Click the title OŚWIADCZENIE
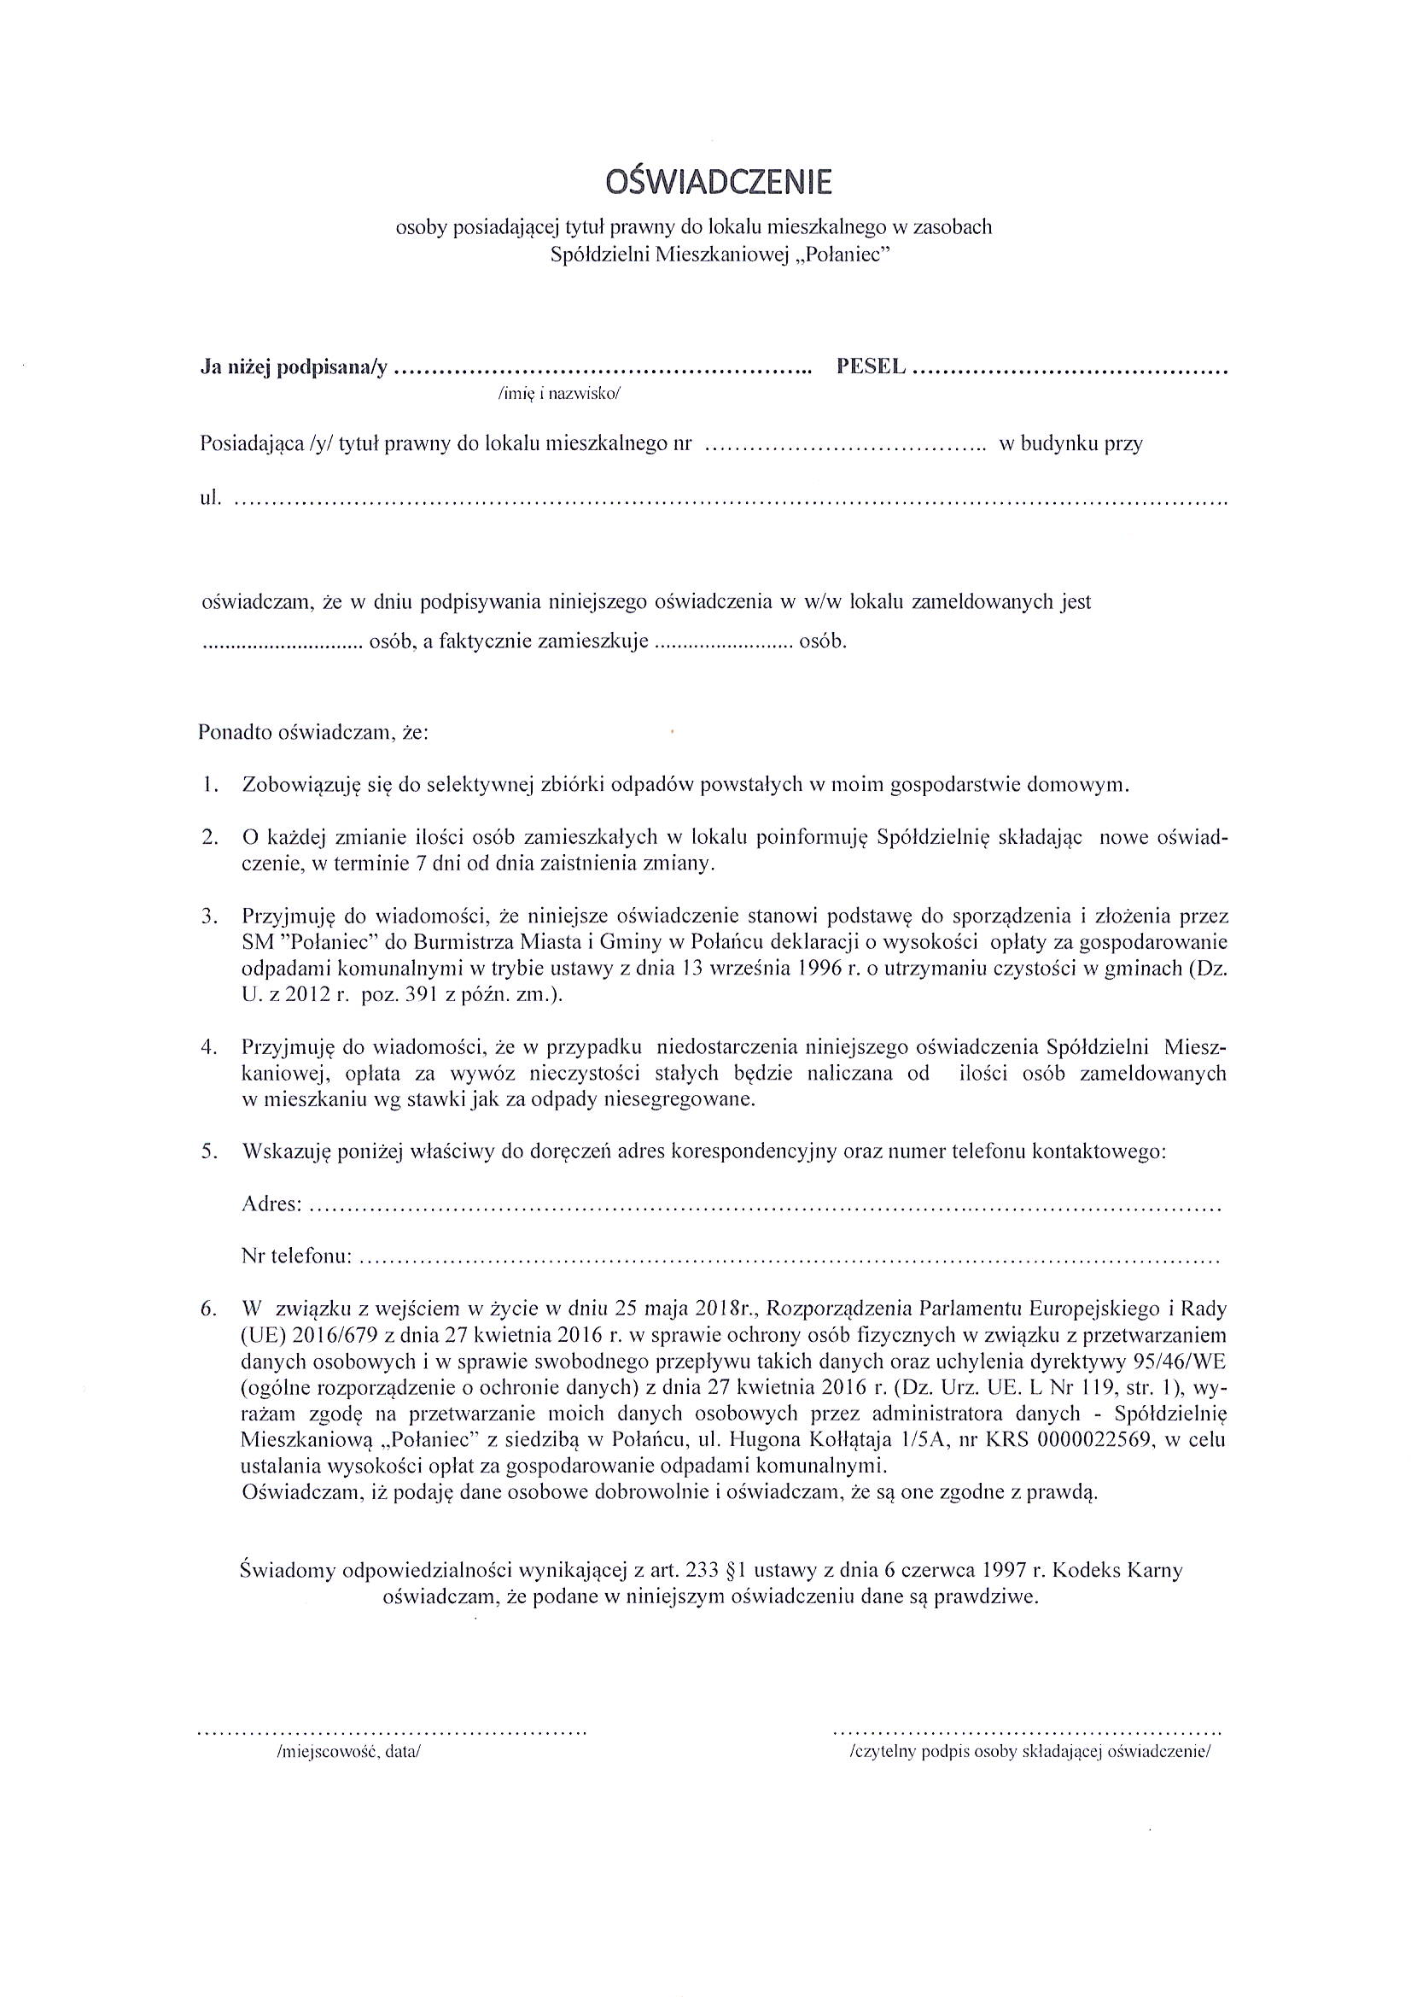(717, 182)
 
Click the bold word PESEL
(871, 367)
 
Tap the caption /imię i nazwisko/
(559, 393)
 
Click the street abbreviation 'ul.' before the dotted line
(210, 499)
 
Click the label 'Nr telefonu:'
(295, 1256)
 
